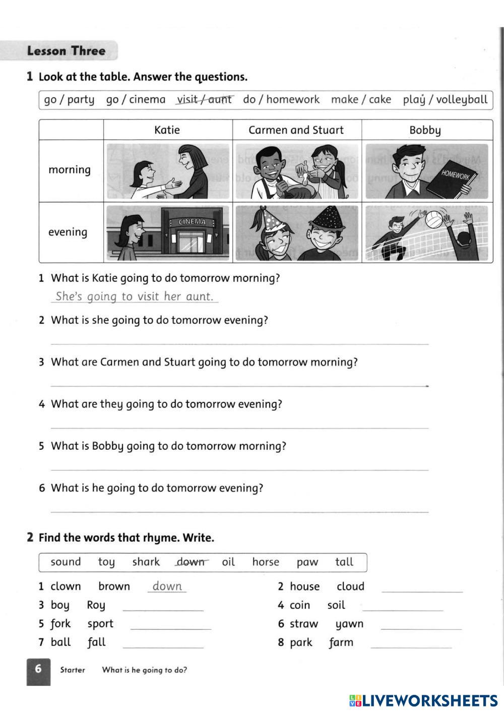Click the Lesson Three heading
(66, 51)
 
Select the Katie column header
(167, 130)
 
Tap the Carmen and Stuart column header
(296, 130)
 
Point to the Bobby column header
(425, 131)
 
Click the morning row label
(70, 170)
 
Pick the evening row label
(68, 232)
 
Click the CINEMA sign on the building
(192, 222)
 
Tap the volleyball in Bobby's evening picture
(433, 219)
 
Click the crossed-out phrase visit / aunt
(204, 99)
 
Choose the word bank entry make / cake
(361, 99)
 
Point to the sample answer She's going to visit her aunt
(135, 296)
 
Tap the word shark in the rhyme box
(146, 562)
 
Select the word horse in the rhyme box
(266, 562)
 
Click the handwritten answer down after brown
(167, 586)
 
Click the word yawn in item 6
(349, 624)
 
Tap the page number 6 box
(38, 671)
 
